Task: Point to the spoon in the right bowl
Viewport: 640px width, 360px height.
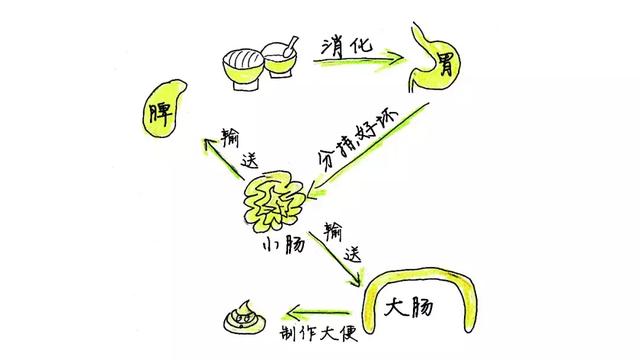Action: tap(287, 52)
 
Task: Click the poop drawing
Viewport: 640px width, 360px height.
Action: tap(240, 319)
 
